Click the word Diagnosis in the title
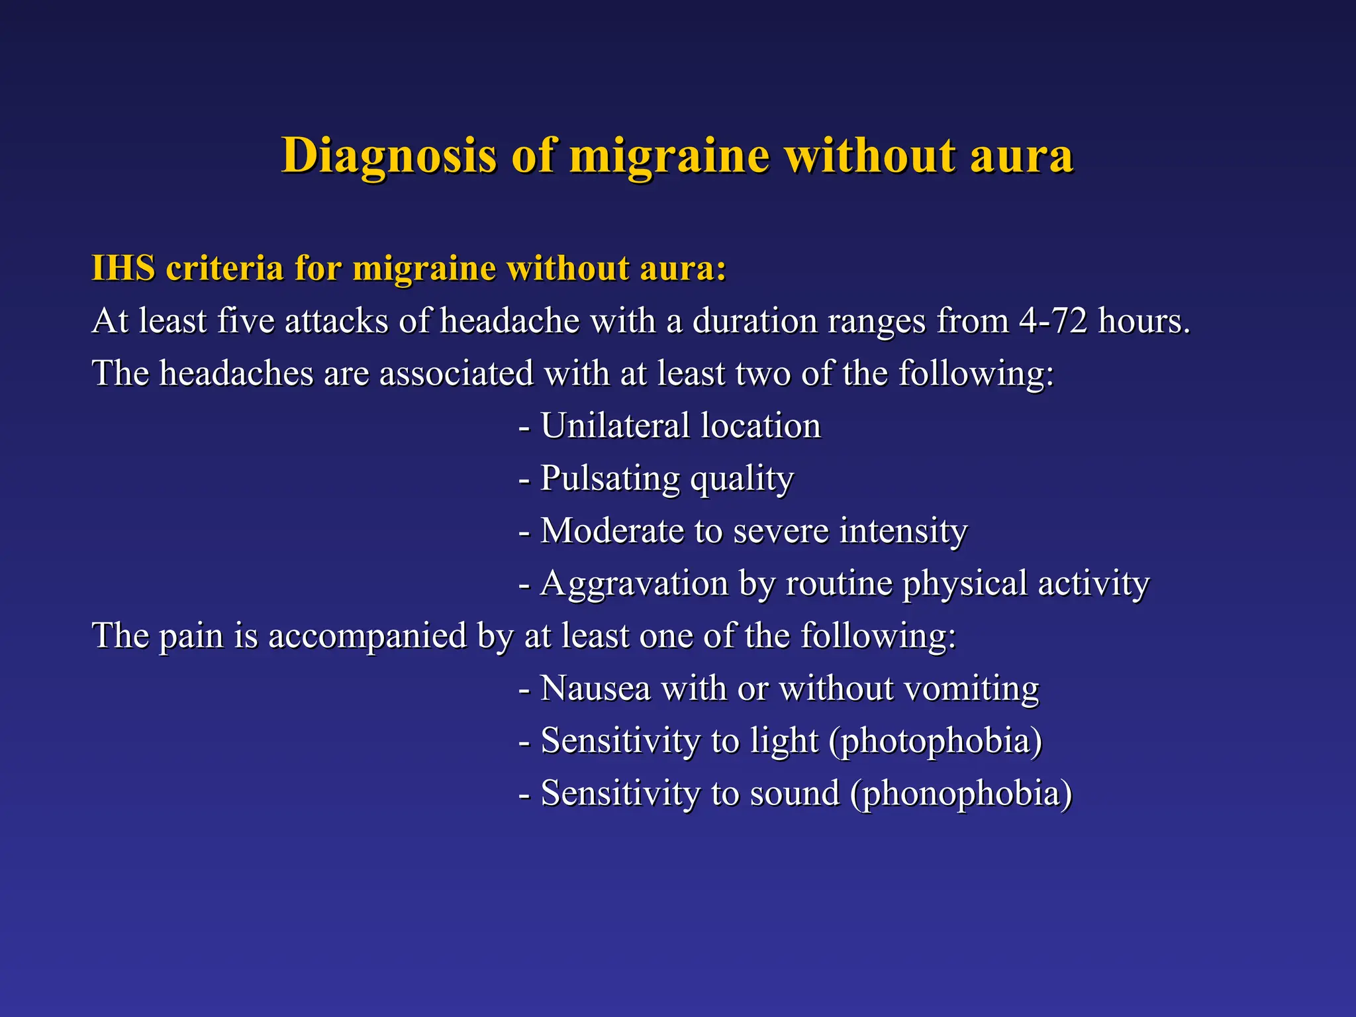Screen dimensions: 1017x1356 point(389,156)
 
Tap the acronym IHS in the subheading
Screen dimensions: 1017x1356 point(123,268)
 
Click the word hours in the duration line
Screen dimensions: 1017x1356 point(1143,321)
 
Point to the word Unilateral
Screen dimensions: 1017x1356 point(615,426)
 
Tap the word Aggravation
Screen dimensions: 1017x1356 point(634,584)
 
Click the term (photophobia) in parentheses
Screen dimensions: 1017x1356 point(936,741)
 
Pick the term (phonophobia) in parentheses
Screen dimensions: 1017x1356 point(961,793)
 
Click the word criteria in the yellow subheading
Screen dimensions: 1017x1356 point(224,268)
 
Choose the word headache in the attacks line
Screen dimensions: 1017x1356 point(510,321)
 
